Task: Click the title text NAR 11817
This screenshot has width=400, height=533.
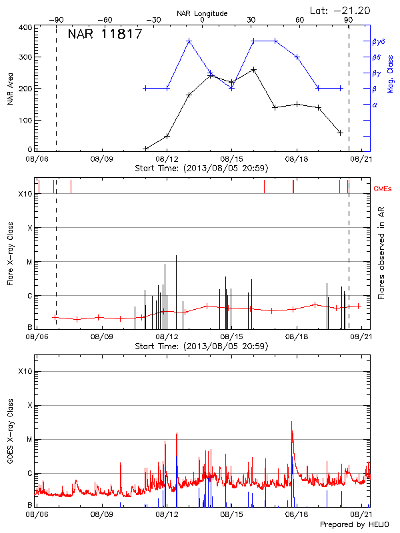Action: pos(105,35)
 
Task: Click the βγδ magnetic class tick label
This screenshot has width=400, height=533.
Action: pos(378,41)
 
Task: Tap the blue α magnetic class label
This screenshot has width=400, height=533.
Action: pos(375,105)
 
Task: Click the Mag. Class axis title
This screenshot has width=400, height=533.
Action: pos(391,73)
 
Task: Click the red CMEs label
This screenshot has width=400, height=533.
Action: pos(383,189)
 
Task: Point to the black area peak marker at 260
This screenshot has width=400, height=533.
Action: pos(253,69)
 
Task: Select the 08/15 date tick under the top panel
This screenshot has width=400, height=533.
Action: pos(231,159)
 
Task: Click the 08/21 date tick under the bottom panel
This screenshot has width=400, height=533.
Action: pos(361,515)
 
